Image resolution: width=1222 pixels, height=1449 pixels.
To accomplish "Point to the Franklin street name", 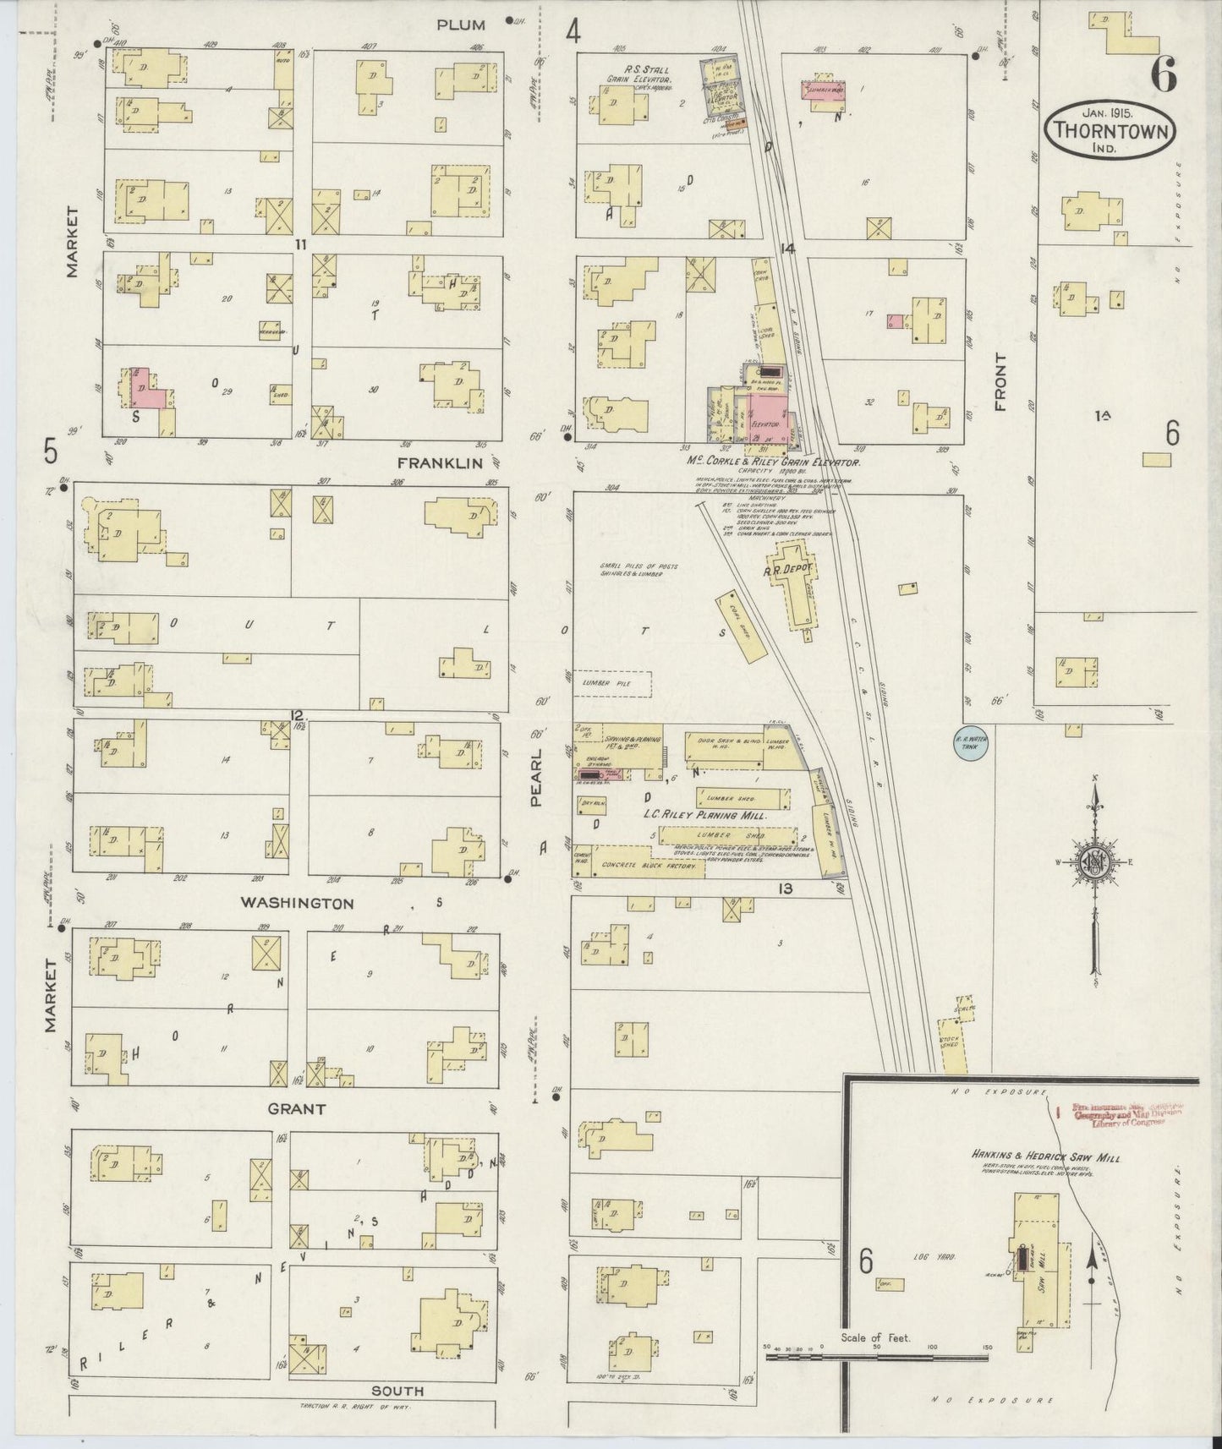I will [x=440, y=463].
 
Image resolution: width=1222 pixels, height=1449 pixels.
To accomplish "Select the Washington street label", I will [x=297, y=903].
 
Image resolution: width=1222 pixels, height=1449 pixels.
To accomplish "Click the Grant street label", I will [x=296, y=1108].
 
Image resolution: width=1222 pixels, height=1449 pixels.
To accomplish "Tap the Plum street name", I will [x=461, y=25].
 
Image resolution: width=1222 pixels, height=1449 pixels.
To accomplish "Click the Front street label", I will [x=1002, y=382].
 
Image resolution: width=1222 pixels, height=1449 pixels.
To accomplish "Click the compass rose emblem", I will [x=1095, y=863].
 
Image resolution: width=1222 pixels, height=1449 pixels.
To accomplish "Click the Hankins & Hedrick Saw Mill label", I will [x=1045, y=1159].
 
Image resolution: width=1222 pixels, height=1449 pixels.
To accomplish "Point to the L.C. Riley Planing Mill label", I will [x=704, y=817].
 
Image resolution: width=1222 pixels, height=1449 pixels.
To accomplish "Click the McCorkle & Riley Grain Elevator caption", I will [x=775, y=463].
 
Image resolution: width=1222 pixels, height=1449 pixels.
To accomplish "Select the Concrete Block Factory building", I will [x=649, y=867].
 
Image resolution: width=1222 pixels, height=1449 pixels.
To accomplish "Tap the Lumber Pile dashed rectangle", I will [x=615, y=683].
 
